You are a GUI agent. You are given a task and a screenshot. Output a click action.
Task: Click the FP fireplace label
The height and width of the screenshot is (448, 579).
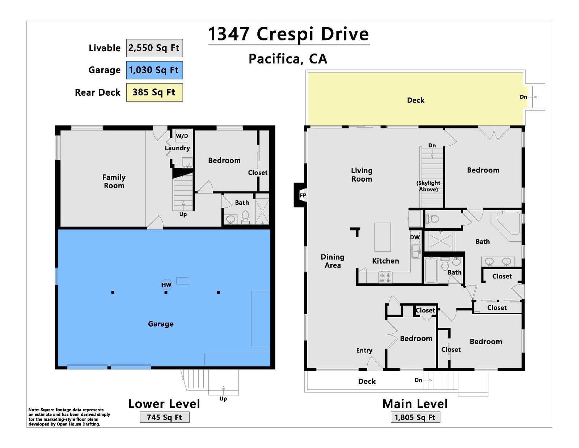(303, 195)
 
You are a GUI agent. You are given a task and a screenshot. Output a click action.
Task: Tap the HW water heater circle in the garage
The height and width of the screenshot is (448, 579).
(166, 285)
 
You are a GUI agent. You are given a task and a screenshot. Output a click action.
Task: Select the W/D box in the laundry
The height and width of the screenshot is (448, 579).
(182, 136)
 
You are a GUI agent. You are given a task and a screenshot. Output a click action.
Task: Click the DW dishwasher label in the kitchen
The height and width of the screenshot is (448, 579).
(415, 237)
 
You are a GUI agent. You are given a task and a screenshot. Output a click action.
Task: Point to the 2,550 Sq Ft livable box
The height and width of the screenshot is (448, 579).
(155, 48)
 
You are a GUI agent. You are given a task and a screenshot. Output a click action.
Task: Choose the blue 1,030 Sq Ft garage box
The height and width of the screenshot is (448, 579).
(155, 70)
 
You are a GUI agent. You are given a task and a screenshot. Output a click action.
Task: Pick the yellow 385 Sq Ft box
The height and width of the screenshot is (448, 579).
(155, 92)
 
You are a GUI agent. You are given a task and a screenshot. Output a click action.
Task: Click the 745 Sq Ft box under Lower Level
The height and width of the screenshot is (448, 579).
(165, 417)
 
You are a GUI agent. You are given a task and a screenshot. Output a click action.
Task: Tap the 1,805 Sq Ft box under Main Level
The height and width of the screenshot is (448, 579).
(415, 417)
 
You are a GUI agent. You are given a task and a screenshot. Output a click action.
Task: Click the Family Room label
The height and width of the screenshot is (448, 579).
(114, 182)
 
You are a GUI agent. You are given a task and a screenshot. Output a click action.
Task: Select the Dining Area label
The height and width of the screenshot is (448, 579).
(333, 261)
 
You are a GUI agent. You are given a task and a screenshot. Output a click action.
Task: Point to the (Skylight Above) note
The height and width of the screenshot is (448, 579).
(428, 186)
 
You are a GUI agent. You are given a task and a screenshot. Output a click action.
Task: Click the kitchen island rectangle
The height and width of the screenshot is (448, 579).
(383, 237)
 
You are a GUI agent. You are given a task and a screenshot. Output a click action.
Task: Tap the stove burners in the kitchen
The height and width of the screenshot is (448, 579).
(385, 277)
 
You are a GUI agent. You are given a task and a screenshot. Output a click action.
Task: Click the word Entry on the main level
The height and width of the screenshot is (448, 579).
(364, 350)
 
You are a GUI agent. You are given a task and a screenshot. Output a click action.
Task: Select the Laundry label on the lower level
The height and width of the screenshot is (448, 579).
(177, 148)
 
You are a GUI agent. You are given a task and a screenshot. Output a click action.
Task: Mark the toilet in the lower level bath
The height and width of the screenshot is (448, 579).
(245, 217)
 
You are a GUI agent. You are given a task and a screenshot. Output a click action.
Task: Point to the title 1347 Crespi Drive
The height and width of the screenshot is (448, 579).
(288, 34)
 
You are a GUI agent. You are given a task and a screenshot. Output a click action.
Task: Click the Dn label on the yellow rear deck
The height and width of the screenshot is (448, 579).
(523, 97)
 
